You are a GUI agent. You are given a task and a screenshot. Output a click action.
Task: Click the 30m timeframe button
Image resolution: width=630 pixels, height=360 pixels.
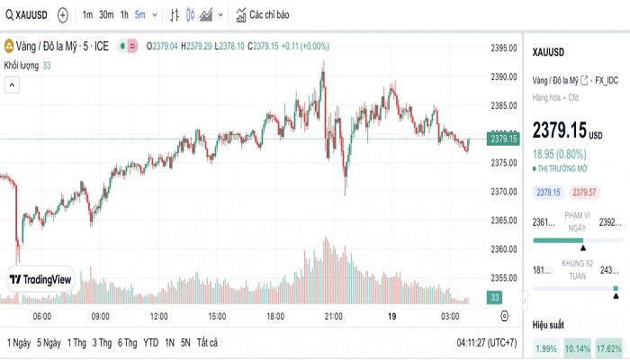click(x=105, y=15)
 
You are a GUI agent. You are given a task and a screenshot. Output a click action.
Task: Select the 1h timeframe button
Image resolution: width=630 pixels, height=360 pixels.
click(x=124, y=15)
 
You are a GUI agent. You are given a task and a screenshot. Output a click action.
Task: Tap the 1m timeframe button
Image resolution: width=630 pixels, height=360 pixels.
click(x=87, y=15)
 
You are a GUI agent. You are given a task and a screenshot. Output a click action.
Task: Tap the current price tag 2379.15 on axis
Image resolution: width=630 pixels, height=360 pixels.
click(x=503, y=139)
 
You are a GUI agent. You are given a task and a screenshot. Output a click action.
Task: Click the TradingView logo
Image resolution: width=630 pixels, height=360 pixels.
click(x=40, y=280)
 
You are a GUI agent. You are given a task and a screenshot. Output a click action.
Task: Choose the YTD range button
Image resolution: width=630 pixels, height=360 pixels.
click(x=151, y=342)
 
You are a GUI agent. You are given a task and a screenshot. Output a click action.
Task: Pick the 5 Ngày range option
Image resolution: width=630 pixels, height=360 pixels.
click(x=49, y=342)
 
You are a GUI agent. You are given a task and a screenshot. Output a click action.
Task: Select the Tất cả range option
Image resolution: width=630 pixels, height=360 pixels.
click(x=208, y=342)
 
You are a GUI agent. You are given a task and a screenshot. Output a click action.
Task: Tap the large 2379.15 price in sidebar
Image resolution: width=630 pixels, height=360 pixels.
click(x=559, y=130)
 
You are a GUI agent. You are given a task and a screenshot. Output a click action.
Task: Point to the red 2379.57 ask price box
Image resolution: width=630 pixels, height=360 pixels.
click(x=585, y=193)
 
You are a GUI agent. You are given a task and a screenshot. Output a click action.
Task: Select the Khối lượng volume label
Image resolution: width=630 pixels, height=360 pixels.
click(x=22, y=65)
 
